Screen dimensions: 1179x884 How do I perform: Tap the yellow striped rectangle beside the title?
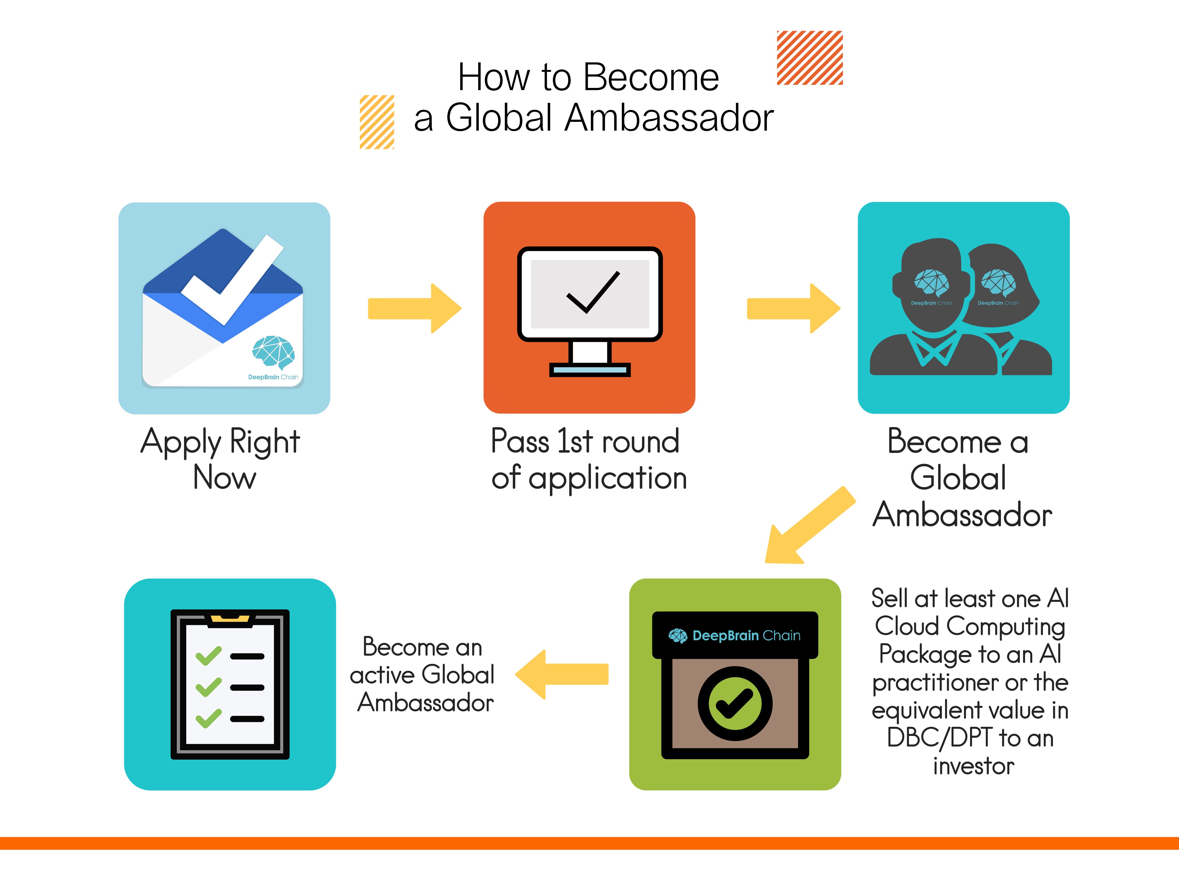(377, 122)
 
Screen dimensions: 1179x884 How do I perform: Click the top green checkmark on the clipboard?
(208, 656)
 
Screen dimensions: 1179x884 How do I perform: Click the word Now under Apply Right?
(224, 477)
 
